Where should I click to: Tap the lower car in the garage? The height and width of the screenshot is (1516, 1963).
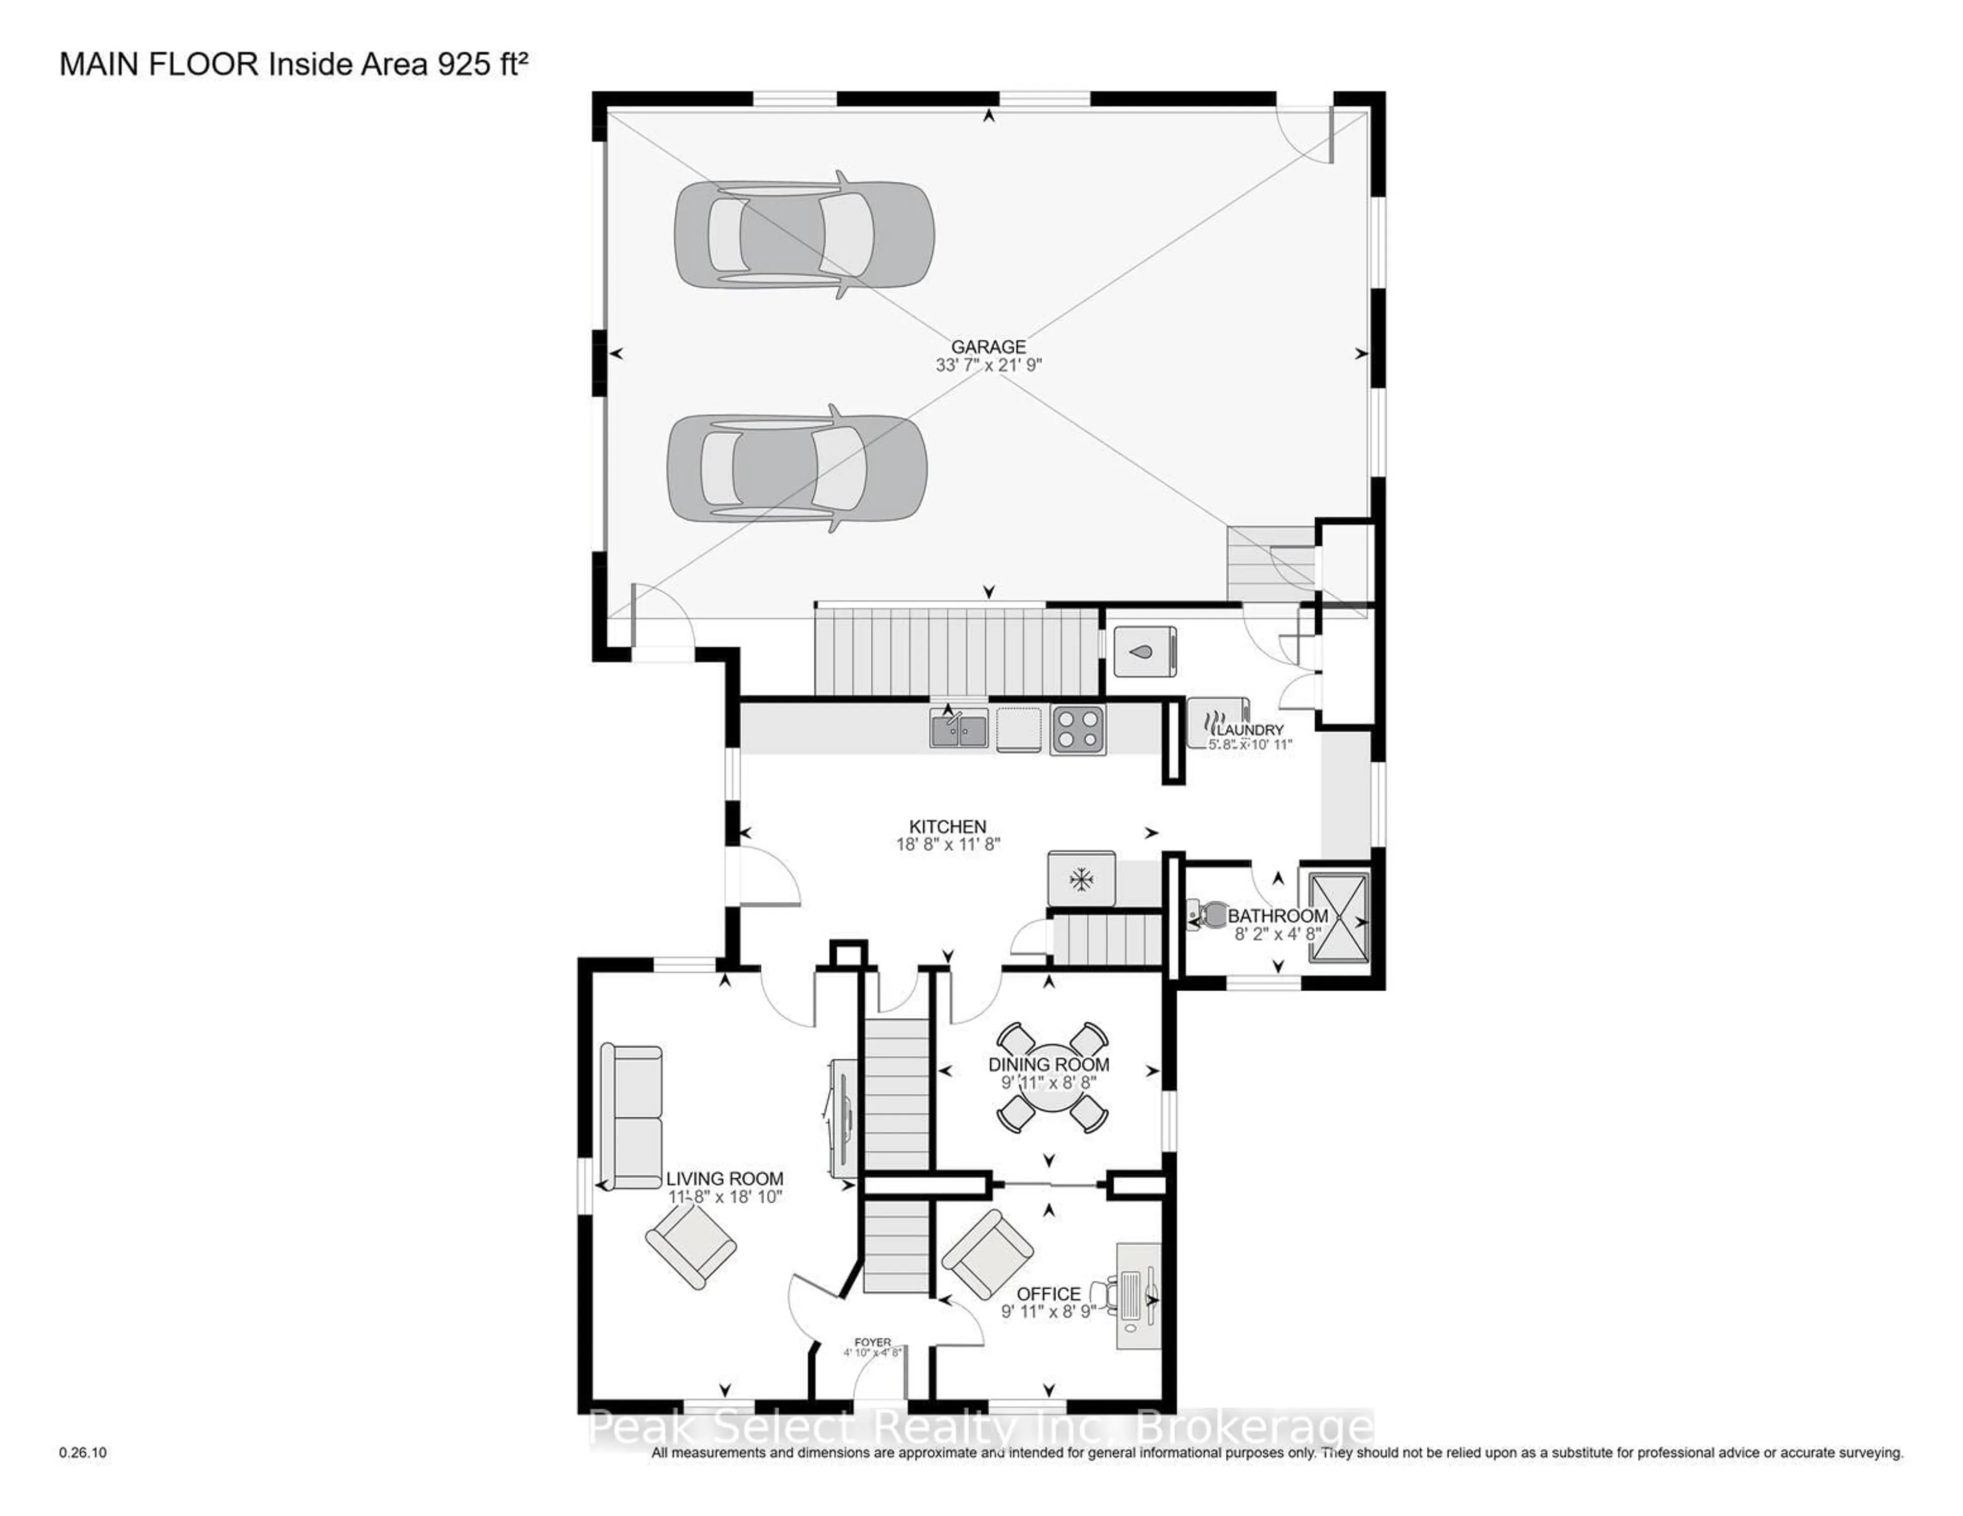pos(796,468)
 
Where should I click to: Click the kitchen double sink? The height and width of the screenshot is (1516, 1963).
pos(958,727)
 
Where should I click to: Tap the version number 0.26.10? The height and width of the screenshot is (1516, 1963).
pos(83,1452)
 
